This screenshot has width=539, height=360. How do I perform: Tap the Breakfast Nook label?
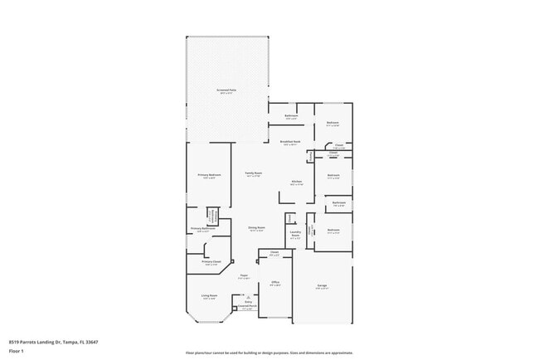(290, 142)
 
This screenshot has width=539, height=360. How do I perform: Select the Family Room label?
(253, 173)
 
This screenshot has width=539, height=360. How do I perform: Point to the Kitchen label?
(296, 182)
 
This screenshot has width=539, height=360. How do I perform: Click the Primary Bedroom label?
(209, 175)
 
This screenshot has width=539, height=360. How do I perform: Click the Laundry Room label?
(294, 235)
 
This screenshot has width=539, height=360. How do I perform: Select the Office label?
(275, 283)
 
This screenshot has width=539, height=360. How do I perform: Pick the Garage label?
(322, 287)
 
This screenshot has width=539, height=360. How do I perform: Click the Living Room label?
(208, 296)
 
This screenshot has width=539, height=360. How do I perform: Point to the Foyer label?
(244, 276)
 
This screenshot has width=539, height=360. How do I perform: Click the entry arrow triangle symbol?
(246, 296)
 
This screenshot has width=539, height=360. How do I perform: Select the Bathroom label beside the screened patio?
(291, 115)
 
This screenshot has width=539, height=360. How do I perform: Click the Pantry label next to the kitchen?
(310, 155)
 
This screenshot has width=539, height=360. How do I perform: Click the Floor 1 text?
(15, 351)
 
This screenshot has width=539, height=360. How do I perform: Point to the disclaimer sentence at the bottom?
(269, 353)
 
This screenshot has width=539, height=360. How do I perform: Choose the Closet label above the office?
(274, 254)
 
